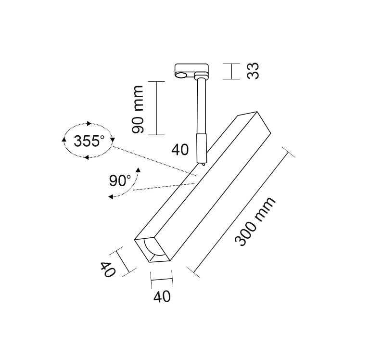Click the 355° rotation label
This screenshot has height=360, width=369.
[x=89, y=141]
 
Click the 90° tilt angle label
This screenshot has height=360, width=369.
[x=120, y=180]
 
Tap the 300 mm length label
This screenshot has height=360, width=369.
[x=255, y=221]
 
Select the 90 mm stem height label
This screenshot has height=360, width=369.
[x=138, y=109]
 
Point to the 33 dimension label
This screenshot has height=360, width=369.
[x=253, y=71]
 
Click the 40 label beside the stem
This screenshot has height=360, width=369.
[x=180, y=150]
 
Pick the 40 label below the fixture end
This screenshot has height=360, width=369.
[x=162, y=296]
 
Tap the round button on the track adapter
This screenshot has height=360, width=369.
[x=181, y=75]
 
